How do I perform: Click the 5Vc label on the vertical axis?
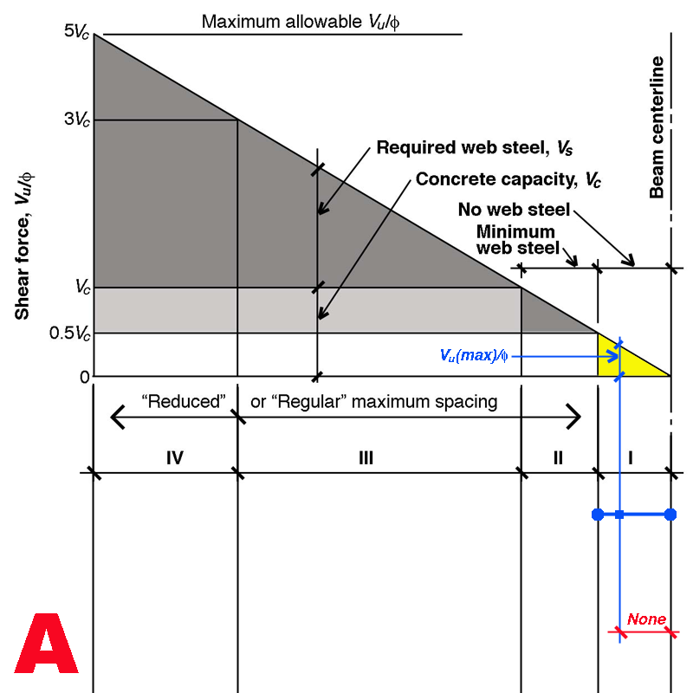point(76,33)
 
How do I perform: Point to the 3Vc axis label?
point(76,120)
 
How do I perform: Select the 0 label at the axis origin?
point(84,377)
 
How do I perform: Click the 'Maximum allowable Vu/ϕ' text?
point(301,21)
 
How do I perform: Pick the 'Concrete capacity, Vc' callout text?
point(508,180)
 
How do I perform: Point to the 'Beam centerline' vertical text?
point(657,127)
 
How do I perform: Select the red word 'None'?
point(646,619)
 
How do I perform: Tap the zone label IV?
point(174,457)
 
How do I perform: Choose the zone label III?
point(365,457)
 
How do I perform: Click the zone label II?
point(557,457)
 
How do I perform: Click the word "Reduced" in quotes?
point(185,402)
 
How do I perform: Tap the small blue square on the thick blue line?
point(620,515)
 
